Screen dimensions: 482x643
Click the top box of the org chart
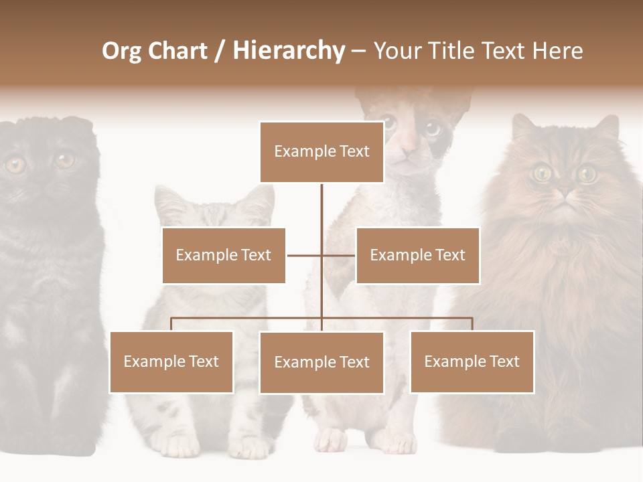point(321,152)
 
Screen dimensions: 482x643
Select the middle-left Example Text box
point(224,255)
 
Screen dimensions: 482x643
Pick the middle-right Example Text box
point(417,255)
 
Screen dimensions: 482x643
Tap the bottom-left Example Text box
point(171,361)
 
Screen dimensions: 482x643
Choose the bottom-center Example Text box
point(321,362)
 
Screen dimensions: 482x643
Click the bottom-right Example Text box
point(472,361)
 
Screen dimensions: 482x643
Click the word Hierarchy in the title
point(289,51)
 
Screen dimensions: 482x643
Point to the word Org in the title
point(122,51)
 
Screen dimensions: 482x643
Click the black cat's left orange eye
point(15,164)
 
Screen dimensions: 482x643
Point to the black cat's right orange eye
point(65,161)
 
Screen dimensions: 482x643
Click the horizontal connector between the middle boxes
point(321,255)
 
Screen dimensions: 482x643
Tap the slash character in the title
point(220,51)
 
